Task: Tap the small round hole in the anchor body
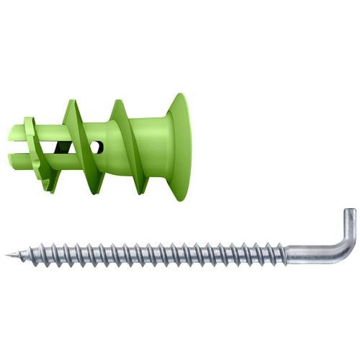(x=99, y=147)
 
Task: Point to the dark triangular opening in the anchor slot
(x=63, y=148)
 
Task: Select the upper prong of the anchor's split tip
(x=20, y=132)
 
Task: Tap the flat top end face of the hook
(x=349, y=210)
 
